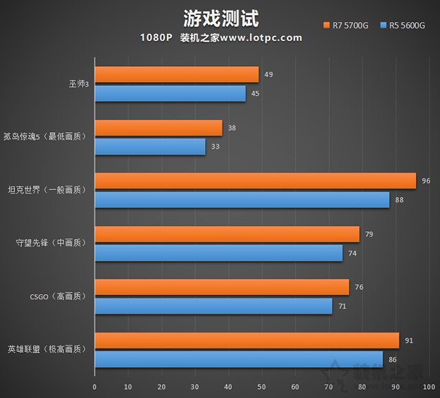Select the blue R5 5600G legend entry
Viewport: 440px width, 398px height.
tap(402, 26)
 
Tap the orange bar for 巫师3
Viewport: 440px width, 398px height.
tap(177, 74)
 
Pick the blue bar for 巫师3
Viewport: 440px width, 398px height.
tap(170, 94)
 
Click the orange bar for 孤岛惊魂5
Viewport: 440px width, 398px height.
tap(158, 128)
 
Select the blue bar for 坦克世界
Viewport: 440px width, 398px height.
tap(242, 200)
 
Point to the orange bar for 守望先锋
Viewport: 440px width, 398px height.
tap(227, 234)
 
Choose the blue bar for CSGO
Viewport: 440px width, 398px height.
tap(213, 306)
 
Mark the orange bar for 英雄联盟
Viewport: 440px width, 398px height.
tap(247, 341)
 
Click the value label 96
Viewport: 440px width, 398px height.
tap(426, 181)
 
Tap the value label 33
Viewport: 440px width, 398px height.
tap(215, 147)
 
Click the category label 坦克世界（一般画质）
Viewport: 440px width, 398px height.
tap(47, 190)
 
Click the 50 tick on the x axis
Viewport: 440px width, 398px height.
tap(262, 387)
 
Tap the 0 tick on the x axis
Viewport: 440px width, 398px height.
tap(95, 387)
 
